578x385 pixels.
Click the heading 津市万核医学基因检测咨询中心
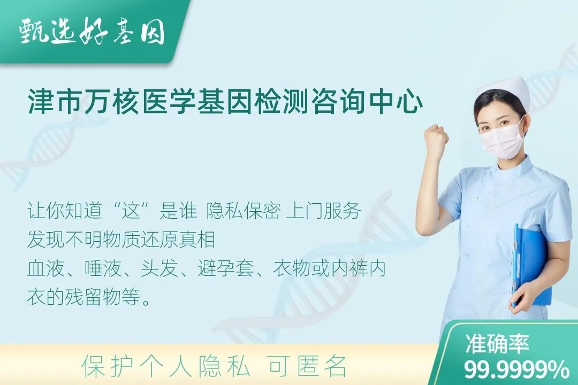click(x=225, y=103)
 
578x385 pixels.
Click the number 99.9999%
click(x=516, y=369)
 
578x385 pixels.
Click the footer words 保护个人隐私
click(x=166, y=366)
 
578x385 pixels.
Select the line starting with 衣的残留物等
click(x=89, y=297)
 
